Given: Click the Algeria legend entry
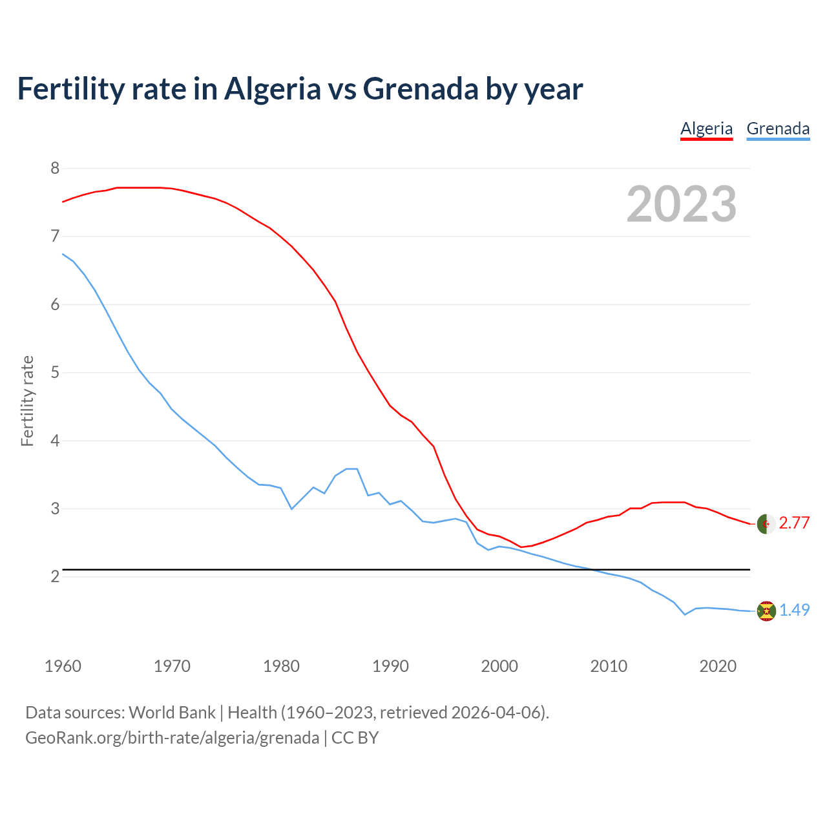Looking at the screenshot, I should click(706, 129).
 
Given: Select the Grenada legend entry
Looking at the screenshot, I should click(778, 129).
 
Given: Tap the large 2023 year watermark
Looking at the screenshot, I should click(682, 204).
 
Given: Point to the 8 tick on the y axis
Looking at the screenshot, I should click(55, 169).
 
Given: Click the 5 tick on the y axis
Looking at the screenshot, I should click(55, 373).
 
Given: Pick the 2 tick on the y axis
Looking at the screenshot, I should click(55, 576).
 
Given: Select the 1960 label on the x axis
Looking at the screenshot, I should click(63, 666).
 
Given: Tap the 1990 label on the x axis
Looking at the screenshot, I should click(390, 666).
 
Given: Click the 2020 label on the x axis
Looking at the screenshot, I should click(718, 666).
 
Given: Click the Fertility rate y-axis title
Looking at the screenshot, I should click(27, 401).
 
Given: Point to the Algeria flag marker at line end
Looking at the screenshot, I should click(766, 523).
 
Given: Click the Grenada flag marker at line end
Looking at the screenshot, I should click(766, 611).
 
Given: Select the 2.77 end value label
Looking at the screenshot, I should click(794, 523).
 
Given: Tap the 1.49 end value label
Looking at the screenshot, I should click(794, 611).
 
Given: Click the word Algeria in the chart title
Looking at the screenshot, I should click(272, 89).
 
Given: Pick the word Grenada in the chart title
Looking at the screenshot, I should click(421, 89).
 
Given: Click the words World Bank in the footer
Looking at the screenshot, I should click(172, 713).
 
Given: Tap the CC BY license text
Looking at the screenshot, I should click(355, 738).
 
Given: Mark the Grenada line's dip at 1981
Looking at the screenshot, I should click(292, 509).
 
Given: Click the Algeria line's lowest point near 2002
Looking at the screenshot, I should click(521, 547).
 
